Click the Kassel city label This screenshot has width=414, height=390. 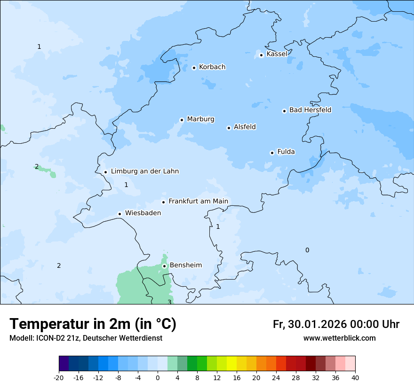coord(277,54)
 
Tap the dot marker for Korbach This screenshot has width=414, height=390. coord(194,68)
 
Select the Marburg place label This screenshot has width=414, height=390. coord(200,119)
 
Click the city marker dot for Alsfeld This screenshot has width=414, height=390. coord(229,128)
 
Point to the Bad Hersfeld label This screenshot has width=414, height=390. coord(310,110)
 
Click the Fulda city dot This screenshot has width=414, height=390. coord(272,153)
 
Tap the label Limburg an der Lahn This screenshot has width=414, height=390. coord(145,172)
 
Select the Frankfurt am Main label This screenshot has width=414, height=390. coord(198,202)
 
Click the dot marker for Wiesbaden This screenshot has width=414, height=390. coord(120,214)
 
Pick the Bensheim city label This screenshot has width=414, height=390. coord(185,265)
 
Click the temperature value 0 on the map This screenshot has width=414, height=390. coord(307,250)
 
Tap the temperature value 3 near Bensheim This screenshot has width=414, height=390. coord(169,302)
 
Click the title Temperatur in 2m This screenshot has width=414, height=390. coord(93,324)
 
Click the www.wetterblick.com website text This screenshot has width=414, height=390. coord(339,338)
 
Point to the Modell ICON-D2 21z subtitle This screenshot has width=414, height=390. coord(86,338)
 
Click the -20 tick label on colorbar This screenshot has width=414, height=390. coord(58,377)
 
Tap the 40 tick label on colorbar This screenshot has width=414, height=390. coord(355,377)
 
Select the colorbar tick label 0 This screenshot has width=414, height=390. coord(158,377)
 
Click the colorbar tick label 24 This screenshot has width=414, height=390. coord(276,377)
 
